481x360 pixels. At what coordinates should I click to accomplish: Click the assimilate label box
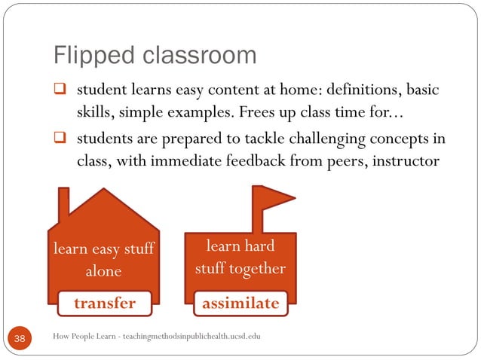pos(240,304)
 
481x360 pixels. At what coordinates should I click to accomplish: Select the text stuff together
pos(240,268)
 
